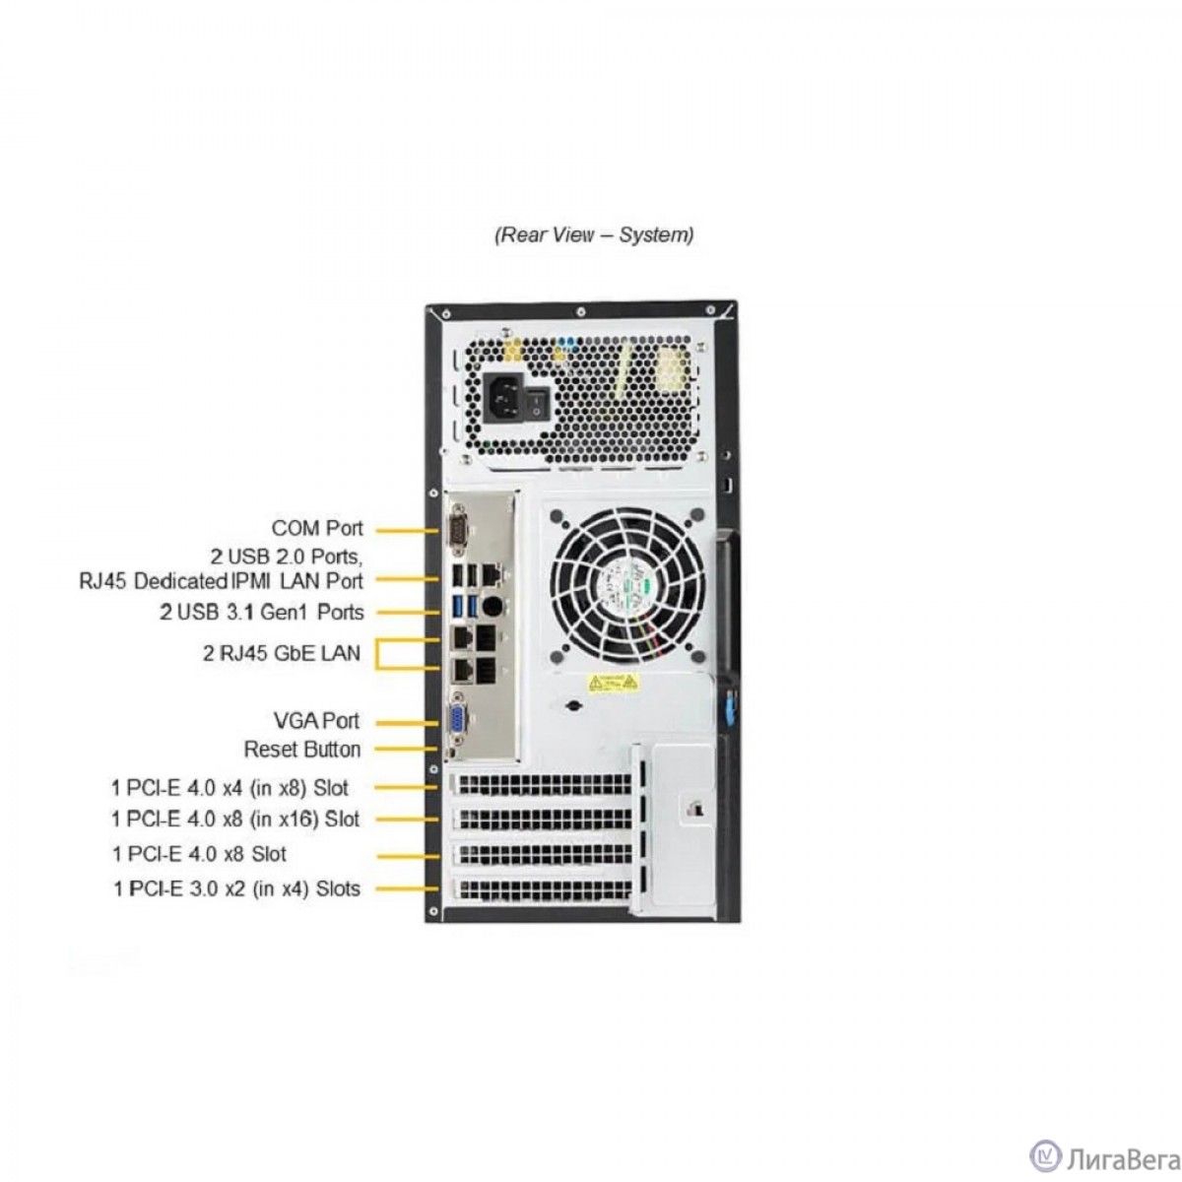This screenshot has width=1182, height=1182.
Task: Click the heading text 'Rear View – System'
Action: (593, 234)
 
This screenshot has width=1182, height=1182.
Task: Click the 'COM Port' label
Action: (317, 529)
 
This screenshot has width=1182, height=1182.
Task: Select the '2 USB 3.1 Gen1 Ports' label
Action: (262, 612)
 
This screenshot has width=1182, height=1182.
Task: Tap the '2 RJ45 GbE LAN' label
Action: (282, 652)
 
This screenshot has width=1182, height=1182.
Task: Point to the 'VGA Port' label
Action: (316, 721)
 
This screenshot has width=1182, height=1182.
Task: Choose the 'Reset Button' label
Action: (302, 750)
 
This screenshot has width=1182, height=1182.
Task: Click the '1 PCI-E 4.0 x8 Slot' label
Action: (199, 854)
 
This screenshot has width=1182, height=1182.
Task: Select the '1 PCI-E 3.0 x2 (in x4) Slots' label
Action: (236, 888)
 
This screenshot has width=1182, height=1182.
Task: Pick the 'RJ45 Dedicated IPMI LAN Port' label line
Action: (221, 581)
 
